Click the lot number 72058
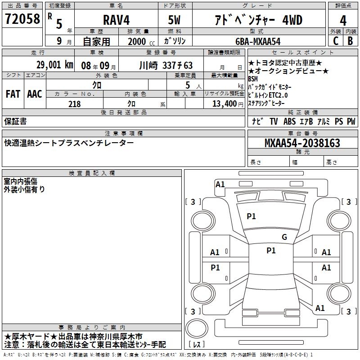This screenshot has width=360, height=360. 22,18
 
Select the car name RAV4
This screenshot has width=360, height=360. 116,20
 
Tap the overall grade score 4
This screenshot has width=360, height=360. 343,21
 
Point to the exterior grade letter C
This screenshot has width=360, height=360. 336,41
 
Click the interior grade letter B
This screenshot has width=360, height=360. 350,41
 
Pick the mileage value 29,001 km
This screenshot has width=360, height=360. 55,65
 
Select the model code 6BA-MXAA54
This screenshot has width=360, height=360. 258,41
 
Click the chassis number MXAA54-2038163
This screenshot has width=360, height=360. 302,143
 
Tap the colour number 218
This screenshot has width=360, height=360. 75,104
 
